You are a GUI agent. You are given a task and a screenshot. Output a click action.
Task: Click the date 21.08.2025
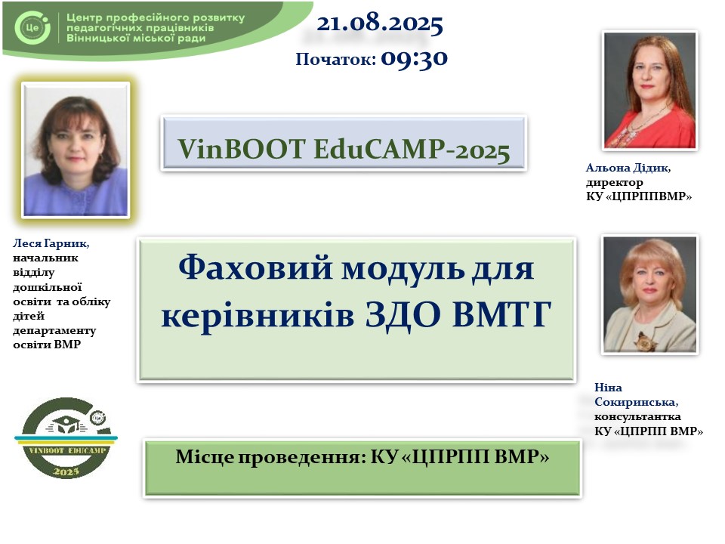[380, 23]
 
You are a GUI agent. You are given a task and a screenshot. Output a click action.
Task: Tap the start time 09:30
[415, 59]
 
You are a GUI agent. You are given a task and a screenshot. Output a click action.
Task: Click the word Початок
[335, 59]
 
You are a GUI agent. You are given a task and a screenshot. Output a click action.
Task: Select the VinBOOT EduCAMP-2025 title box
[344, 143]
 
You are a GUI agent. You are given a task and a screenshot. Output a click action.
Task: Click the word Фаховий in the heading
[255, 267]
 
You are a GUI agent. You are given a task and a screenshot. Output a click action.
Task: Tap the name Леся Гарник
[51, 243]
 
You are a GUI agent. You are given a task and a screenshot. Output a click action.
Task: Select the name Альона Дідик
[628, 168]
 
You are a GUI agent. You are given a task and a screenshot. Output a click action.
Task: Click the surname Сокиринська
[636, 402]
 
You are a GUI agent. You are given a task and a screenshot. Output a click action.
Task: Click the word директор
[615, 183]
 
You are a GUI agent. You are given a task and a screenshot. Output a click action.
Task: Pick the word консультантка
[637, 417]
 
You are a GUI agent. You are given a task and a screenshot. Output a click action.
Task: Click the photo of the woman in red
[649, 90]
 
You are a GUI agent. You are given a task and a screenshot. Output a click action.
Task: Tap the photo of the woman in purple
[76, 150]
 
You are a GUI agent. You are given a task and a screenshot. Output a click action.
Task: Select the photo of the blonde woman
[649, 295]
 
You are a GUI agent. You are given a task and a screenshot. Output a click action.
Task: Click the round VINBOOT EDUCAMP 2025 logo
[66, 437]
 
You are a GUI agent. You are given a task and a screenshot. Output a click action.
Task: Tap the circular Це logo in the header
[32, 28]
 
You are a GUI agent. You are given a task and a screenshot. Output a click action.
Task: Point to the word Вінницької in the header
[98, 39]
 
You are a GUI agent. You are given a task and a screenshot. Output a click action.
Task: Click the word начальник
[45, 258]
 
